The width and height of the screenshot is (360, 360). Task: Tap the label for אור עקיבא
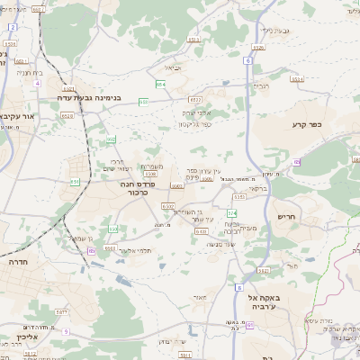18,116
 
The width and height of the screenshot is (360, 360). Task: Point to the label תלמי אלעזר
131,251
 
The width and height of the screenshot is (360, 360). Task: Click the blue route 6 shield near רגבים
248,60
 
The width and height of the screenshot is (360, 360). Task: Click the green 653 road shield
143,102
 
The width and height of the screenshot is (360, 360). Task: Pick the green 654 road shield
159,84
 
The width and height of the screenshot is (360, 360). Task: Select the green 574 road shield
231,212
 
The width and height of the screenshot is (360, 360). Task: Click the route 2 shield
13,28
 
